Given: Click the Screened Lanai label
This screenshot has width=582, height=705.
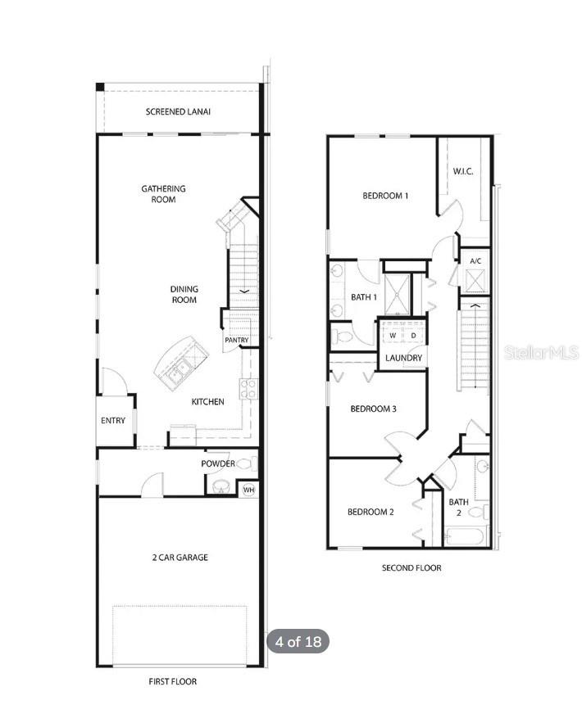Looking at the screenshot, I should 178,111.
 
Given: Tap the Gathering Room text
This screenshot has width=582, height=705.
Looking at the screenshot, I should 163,194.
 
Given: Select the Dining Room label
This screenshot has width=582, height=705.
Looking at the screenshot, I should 184,294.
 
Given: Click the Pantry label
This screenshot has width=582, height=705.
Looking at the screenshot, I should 236,340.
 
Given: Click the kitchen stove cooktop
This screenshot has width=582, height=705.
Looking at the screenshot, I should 248,388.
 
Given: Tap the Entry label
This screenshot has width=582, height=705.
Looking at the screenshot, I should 113,421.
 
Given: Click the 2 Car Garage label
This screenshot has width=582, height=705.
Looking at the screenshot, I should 180,558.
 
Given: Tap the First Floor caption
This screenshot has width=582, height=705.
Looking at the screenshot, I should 173,681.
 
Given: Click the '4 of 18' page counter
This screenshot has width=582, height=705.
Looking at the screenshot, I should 298,642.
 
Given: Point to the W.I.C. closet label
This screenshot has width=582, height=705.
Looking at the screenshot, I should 463,171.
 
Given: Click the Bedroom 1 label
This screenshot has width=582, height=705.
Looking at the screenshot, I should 385,196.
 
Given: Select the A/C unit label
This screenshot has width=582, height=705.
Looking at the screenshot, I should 475,261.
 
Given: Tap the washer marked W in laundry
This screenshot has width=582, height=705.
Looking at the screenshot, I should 393,336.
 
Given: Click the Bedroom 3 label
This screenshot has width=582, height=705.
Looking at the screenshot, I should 373,409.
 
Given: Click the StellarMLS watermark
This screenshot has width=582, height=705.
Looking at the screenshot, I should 542,352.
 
